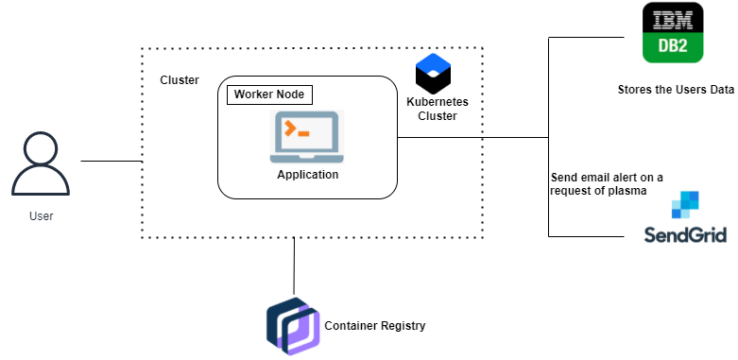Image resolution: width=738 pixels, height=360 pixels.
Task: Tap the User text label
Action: pyautogui.click(x=41, y=216)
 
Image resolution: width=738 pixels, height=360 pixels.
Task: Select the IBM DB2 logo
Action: pyautogui.click(x=672, y=33)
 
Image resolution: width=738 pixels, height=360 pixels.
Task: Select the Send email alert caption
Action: pyautogui.click(x=606, y=183)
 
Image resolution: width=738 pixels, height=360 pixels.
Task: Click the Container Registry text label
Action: pyautogui.click(x=375, y=326)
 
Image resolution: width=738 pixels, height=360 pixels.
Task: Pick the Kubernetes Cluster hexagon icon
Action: pyautogui.click(x=434, y=73)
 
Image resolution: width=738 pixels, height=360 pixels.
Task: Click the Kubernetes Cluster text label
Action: pyautogui.click(x=438, y=109)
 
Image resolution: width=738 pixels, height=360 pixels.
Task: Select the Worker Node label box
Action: pyautogui.click(x=269, y=94)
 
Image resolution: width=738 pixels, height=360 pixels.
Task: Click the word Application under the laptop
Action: pyautogui.click(x=307, y=175)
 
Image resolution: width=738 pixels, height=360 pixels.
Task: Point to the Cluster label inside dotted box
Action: pyautogui.click(x=180, y=80)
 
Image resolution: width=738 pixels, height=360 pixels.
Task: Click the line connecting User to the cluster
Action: pyautogui.click(x=111, y=162)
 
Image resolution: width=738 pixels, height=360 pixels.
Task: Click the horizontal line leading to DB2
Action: pyautogui.click(x=586, y=38)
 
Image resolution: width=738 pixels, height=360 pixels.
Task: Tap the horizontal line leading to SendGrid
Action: pyautogui.click(x=586, y=235)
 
